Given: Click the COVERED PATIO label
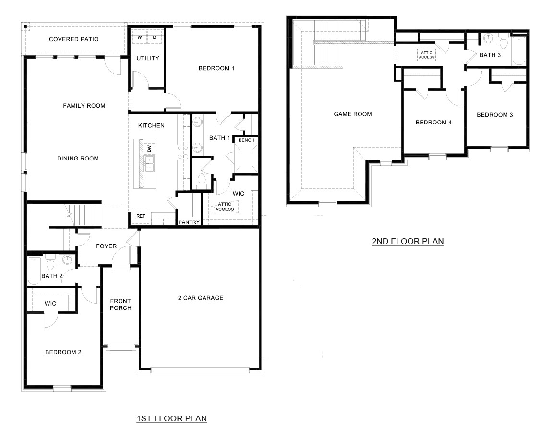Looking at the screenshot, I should click(x=73, y=39).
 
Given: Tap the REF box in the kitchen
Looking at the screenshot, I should click(x=140, y=217).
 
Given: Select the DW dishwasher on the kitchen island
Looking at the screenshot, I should click(x=149, y=148).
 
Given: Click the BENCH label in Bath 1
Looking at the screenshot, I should click(x=246, y=140).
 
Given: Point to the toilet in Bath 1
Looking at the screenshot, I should click(x=202, y=181).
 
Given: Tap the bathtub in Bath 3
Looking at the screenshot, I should click(x=519, y=49).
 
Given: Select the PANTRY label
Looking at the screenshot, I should click(x=189, y=222).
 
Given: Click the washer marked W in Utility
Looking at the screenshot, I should click(x=140, y=37).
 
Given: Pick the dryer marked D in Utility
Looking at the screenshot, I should click(x=155, y=37).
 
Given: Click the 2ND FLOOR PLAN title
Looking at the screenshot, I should click(x=408, y=241).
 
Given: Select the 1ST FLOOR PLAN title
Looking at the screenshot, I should click(x=171, y=419).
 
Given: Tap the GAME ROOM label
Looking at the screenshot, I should click(x=353, y=114).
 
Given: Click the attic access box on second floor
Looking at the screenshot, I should click(x=426, y=55).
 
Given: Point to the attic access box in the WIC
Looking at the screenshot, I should click(x=225, y=207).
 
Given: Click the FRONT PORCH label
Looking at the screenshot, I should click(x=120, y=305).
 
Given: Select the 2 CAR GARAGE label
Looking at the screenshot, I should click(x=201, y=298).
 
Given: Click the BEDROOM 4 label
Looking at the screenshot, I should click(x=433, y=123).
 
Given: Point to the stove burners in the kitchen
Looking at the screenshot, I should click(x=183, y=152).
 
